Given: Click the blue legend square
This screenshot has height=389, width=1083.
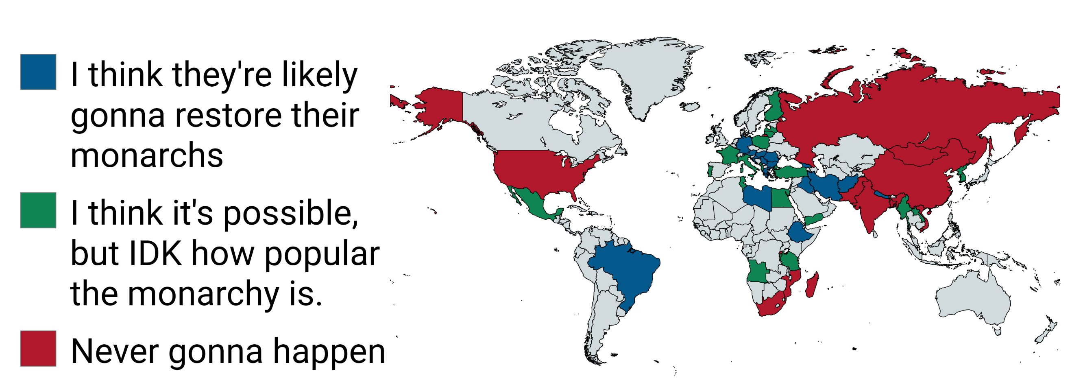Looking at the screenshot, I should click(38, 72).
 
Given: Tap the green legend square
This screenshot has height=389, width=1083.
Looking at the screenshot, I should click(38, 210).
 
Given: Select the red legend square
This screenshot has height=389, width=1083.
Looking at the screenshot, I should click(38, 348).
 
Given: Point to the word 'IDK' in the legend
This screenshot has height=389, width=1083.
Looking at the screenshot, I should click(155, 254).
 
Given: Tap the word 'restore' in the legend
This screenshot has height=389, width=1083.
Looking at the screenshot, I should click(229, 115).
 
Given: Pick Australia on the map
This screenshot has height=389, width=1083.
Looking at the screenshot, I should click(971, 299).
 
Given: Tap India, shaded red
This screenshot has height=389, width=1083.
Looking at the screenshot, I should click(870, 206).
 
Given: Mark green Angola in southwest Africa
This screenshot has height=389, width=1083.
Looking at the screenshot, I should click(757, 271).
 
